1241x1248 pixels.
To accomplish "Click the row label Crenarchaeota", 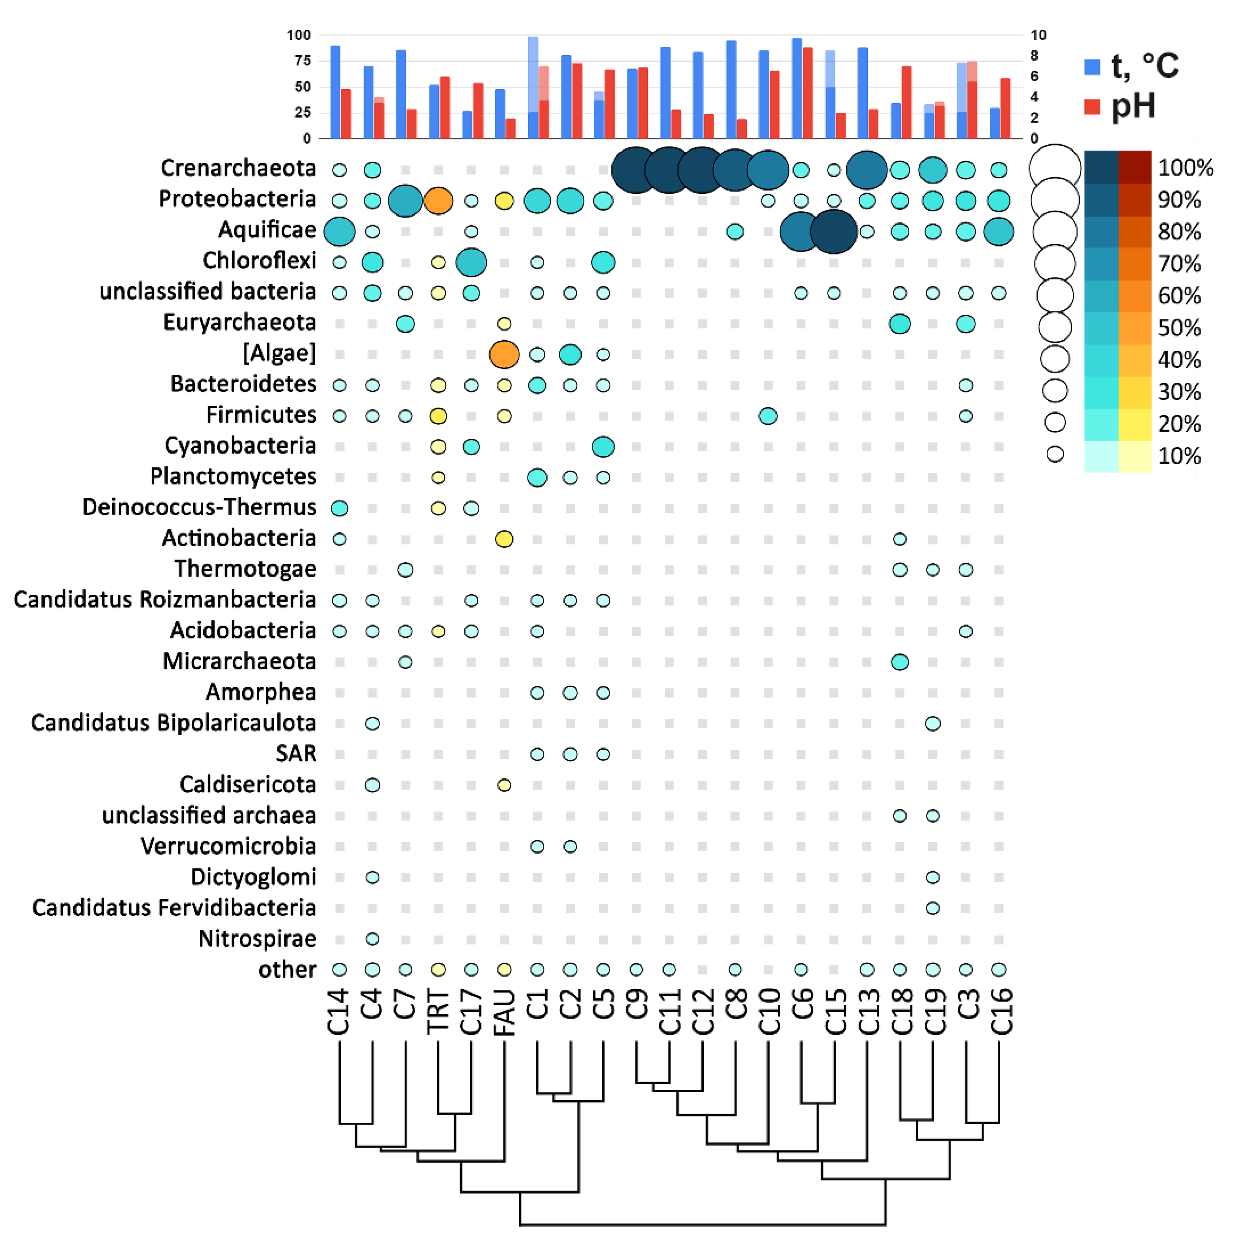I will click(238, 168).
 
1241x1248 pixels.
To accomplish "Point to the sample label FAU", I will click(504, 1013).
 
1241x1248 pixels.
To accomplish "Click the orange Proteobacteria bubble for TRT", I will click(438, 201).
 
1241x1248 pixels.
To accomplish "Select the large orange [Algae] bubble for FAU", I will click(504, 355).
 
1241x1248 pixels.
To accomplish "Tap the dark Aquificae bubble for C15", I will click(834, 231).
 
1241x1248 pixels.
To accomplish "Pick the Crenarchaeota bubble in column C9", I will click(636, 170).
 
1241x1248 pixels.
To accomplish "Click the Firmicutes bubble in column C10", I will click(768, 416).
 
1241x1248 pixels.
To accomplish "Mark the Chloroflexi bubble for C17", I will click(472, 262).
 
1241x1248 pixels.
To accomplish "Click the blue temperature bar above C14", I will click(335, 92).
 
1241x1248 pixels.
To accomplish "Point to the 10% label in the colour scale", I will click(1179, 456).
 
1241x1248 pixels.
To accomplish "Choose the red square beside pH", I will click(1092, 107).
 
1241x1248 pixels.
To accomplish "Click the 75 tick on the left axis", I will click(302, 61).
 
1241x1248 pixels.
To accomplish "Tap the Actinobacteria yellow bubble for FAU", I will click(504, 539).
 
